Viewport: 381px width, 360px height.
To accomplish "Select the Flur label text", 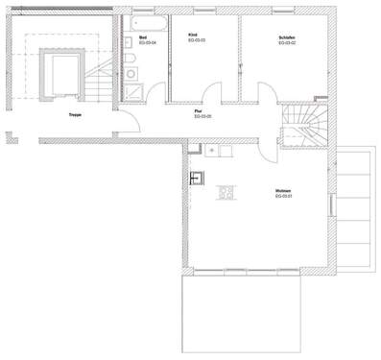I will [197, 112].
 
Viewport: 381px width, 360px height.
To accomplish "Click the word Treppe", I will [74, 115].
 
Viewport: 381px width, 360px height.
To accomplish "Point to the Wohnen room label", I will [281, 192].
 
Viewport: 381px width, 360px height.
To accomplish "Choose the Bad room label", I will [142, 36].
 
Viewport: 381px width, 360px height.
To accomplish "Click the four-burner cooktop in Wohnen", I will [227, 193].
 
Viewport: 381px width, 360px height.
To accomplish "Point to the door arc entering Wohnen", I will [192, 135].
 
